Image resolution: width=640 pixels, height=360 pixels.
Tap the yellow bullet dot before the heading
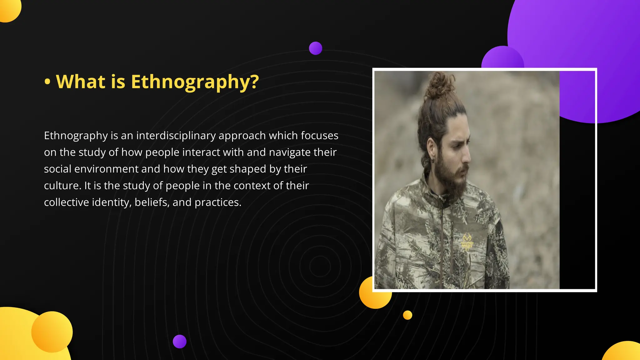coord(47,82)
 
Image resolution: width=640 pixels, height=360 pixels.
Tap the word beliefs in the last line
coord(152,202)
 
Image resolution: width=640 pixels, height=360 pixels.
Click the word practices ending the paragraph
coord(217,202)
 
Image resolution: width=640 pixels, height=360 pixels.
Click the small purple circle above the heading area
coord(315,48)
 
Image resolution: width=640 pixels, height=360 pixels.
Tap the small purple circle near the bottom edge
coord(179,341)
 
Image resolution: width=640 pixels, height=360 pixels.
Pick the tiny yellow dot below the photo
coord(407,315)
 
